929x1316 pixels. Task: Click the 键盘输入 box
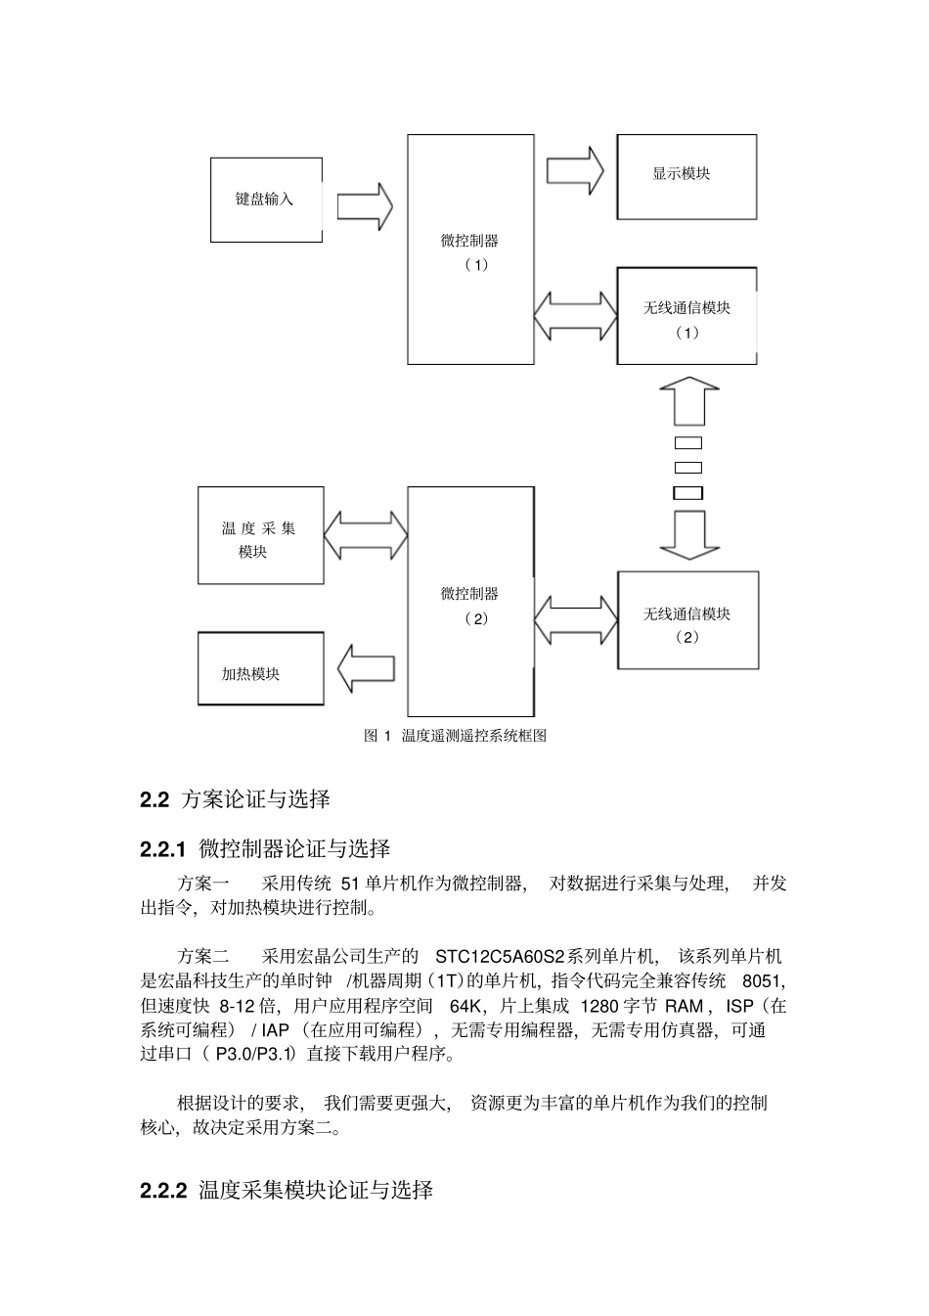(266, 200)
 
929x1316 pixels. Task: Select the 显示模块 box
(686, 176)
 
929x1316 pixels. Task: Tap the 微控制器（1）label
(470, 251)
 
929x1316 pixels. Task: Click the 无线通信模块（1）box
(686, 316)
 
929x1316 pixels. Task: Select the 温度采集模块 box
(260, 535)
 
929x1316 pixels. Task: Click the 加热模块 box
(260, 668)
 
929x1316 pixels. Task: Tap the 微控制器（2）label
(470, 605)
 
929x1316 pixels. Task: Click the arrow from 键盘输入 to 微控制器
(365, 205)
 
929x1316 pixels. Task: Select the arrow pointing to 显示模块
(574, 170)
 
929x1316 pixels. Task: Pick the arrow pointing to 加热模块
(365, 669)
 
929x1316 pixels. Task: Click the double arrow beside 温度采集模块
(365, 535)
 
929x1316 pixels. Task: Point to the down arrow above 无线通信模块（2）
(688, 534)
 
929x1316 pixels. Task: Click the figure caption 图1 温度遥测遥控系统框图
(455, 736)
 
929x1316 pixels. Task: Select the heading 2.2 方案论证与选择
(236, 799)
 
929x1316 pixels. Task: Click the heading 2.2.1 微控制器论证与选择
(266, 848)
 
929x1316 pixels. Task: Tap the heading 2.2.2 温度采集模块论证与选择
(288, 1191)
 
